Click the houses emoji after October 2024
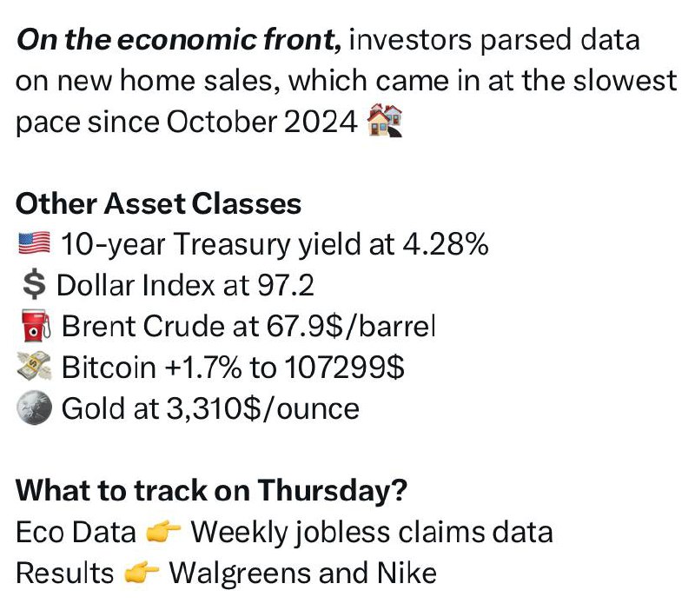tap(385, 121)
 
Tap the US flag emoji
tap(34, 244)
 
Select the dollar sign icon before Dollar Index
tap(34, 285)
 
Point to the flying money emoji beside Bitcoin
tap(34, 366)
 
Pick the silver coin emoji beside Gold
tap(34, 408)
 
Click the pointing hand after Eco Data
tap(163, 531)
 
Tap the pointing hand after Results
tap(141, 573)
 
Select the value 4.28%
tap(446, 244)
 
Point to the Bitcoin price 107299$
tap(344, 367)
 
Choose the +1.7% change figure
tap(203, 367)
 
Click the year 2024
tap(321, 122)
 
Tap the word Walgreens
tap(241, 574)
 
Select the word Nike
tap(407, 573)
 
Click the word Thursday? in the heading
tap(332, 491)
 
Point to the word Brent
tap(99, 326)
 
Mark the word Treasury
tap(231, 245)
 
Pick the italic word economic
tap(187, 39)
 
